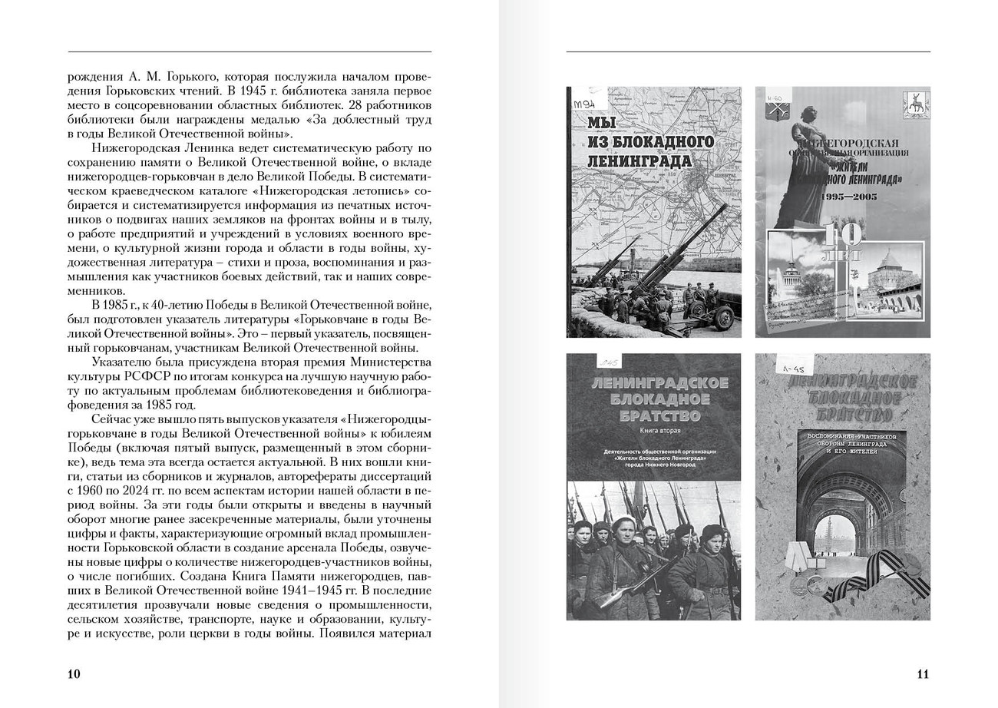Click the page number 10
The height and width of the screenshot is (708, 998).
click(x=74, y=674)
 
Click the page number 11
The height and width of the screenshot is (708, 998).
click(x=923, y=674)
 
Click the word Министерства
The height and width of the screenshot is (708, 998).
click(x=390, y=362)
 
